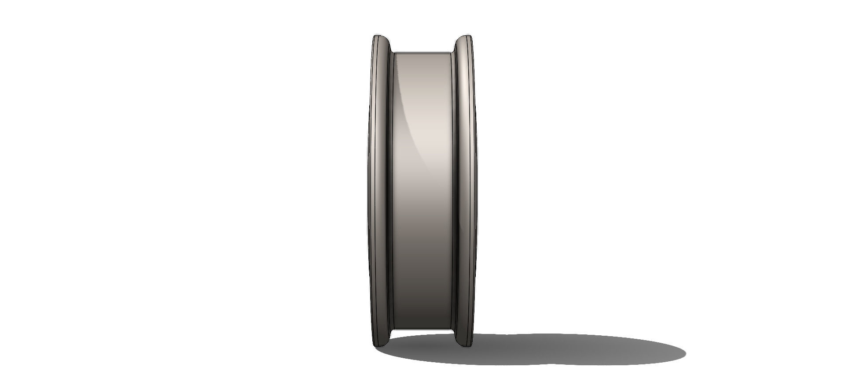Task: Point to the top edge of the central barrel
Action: point(422,52)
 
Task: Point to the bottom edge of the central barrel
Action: point(422,330)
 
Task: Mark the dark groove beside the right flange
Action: point(455,189)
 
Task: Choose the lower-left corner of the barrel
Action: point(394,329)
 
